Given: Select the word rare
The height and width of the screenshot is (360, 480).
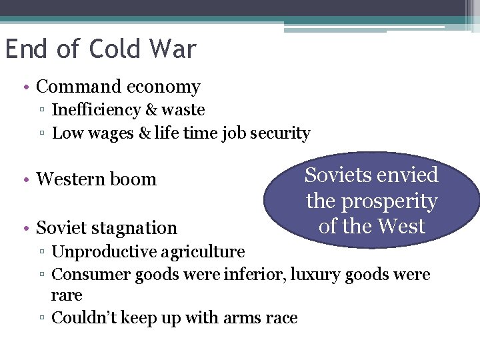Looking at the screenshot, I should (x=67, y=295).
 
